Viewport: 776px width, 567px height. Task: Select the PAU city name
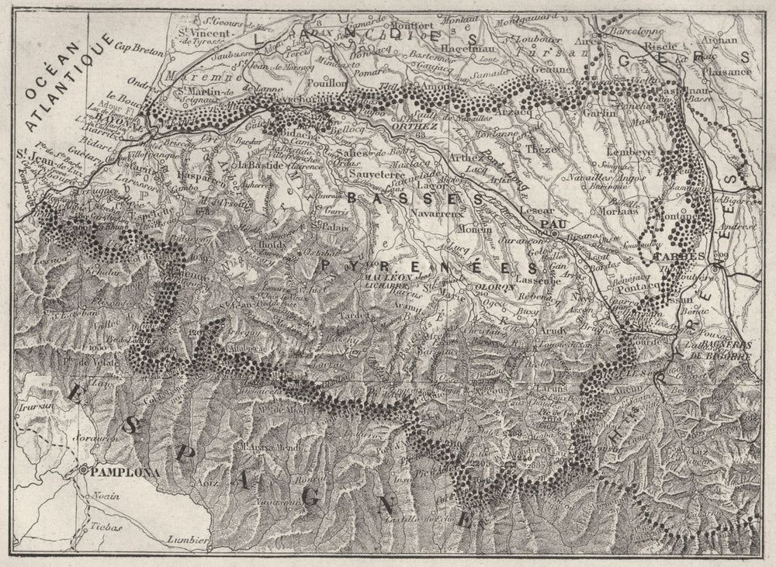pyautogui.click(x=549, y=223)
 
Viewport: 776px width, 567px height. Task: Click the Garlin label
pyautogui.click(x=599, y=111)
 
